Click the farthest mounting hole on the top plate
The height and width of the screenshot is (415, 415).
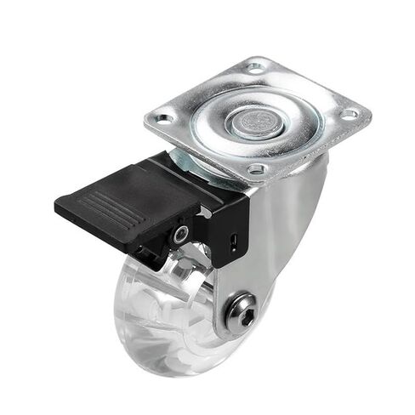[x=255, y=66]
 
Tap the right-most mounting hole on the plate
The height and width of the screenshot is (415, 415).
[x=349, y=113]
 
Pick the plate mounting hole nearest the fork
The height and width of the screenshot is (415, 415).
[x=253, y=170]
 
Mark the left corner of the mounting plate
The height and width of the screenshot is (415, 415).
[x=146, y=117]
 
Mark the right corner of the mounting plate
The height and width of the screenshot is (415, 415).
[x=369, y=111]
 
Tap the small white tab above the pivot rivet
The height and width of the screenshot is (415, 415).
[x=203, y=213]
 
